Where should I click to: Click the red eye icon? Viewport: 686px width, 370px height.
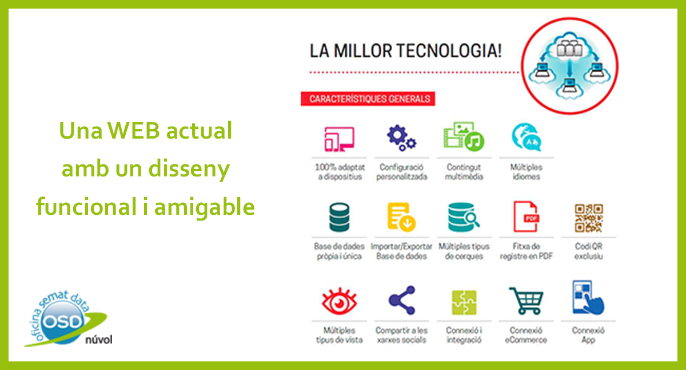(340, 301)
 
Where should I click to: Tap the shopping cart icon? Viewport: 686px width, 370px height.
(526, 301)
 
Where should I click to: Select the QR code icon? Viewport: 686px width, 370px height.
(589, 218)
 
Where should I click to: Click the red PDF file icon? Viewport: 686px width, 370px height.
(526, 217)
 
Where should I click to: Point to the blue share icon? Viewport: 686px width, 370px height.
(402, 300)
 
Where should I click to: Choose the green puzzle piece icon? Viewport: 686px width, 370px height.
(464, 302)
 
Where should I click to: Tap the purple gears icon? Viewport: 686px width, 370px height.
(401, 138)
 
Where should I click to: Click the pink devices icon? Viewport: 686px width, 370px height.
(340, 139)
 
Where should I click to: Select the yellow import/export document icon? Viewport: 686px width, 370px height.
(401, 217)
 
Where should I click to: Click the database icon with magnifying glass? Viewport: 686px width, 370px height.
(464, 217)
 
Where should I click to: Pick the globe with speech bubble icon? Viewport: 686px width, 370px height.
(527, 137)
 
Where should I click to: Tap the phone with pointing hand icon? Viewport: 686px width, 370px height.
(588, 298)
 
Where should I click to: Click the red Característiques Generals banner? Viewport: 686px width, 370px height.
(368, 99)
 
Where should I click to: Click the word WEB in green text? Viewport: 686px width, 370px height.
(134, 131)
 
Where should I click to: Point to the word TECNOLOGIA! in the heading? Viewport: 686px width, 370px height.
(449, 51)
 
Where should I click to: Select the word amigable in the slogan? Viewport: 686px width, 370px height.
(204, 207)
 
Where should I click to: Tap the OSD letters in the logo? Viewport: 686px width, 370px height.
(63, 322)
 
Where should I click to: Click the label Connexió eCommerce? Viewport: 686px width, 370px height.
(526, 335)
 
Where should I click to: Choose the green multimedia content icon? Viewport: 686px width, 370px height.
(464, 136)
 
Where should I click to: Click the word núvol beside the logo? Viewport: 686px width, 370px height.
(98, 340)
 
